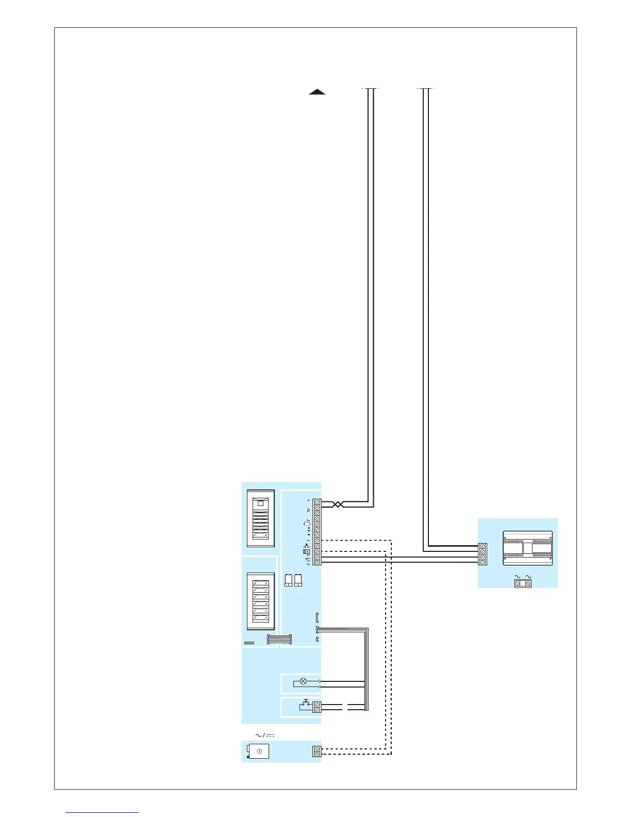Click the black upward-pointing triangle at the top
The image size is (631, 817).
[317, 92]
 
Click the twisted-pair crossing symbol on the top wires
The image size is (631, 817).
[338, 504]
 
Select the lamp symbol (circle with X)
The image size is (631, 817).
[303, 681]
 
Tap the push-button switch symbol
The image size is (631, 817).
[305, 704]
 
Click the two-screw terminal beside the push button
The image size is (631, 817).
[317, 707]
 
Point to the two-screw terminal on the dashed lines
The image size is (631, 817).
[317, 751]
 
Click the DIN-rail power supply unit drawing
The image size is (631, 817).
[527, 548]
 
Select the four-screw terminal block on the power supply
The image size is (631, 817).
[483, 554]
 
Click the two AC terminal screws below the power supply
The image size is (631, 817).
[523, 583]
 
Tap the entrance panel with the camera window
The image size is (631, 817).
[260, 518]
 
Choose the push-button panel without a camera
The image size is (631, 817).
[260, 601]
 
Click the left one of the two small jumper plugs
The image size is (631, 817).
[289, 580]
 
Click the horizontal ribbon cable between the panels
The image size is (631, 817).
[279, 639]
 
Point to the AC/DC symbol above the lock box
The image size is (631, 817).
[265, 735]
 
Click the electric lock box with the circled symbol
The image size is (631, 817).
[259, 751]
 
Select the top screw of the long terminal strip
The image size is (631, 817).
[317, 502]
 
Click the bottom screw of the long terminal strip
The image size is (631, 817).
[317, 562]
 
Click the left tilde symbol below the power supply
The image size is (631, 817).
[517, 576]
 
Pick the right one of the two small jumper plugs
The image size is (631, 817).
[298, 580]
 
